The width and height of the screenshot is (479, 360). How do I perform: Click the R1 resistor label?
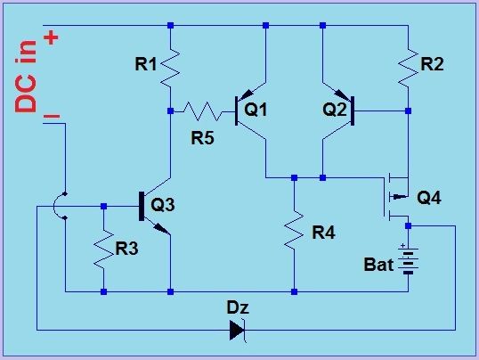point(146,64)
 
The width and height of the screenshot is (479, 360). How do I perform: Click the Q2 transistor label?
point(334,110)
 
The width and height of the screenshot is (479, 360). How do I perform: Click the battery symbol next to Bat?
point(408,261)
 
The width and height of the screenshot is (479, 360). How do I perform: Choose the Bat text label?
point(378,265)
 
